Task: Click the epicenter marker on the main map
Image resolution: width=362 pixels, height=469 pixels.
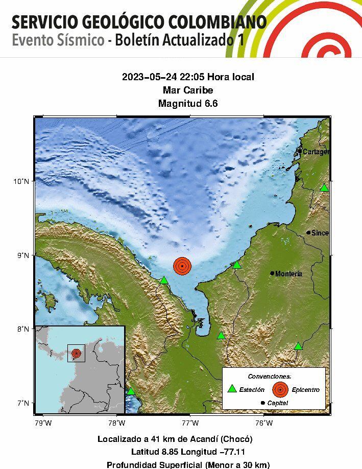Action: (x=182, y=266)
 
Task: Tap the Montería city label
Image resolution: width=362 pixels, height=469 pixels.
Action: (x=288, y=274)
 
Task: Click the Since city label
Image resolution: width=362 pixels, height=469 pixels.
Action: (x=320, y=233)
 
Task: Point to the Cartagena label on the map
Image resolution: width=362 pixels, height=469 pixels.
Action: (x=316, y=152)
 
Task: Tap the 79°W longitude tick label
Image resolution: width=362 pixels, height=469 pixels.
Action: (x=43, y=423)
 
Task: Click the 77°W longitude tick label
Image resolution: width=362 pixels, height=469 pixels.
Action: (x=190, y=423)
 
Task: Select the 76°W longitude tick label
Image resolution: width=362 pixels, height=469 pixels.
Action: (x=263, y=423)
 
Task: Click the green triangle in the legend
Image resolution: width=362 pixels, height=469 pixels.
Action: (x=232, y=389)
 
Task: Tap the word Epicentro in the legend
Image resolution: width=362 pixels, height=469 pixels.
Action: (x=306, y=390)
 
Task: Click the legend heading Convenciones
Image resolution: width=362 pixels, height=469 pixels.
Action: (x=273, y=376)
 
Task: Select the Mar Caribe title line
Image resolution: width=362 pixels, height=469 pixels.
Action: (x=188, y=90)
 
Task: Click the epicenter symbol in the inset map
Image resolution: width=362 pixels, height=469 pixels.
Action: (x=76, y=353)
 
